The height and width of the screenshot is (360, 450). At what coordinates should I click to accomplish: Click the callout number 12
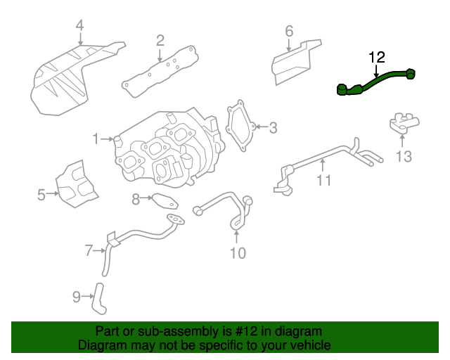click(x=377, y=56)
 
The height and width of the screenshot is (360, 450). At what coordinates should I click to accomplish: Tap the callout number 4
click(x=79, y=27)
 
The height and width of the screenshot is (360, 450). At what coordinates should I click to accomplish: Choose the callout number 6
click(x=288, y=31)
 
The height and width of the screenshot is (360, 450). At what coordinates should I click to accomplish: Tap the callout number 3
click(x=273, y=127)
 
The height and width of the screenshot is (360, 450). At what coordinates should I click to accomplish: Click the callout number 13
click(x=404, y=156)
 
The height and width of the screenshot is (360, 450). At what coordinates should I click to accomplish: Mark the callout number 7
click(x=89, y=250)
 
